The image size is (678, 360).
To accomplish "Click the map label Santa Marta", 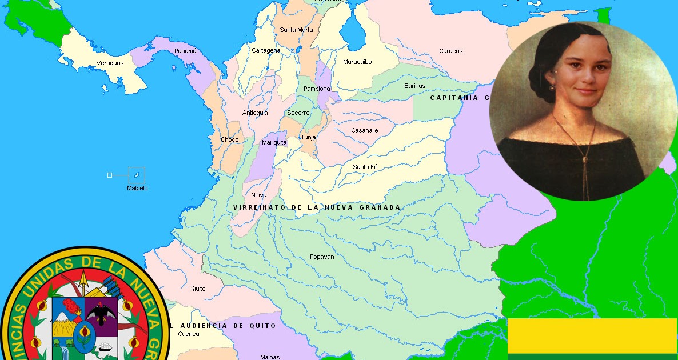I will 296,30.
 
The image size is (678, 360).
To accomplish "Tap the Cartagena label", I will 266,50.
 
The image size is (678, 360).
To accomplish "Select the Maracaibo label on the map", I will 357,62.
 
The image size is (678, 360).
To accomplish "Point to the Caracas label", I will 450,51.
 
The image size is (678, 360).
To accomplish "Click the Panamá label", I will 185,51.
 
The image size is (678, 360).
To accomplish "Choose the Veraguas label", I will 110,63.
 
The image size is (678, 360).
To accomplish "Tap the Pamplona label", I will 317,89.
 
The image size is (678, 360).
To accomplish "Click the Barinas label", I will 414,86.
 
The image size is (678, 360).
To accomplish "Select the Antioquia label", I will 255,113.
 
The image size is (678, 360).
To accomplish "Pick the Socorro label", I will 298,113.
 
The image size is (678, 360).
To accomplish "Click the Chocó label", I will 230,139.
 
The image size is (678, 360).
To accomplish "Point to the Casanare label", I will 364,130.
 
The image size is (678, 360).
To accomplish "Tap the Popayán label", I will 322,257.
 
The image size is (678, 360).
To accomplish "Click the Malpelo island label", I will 137,188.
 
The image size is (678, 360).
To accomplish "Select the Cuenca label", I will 189,334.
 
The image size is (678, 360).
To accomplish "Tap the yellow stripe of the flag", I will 592,336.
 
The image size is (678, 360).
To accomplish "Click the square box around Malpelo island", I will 137,175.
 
